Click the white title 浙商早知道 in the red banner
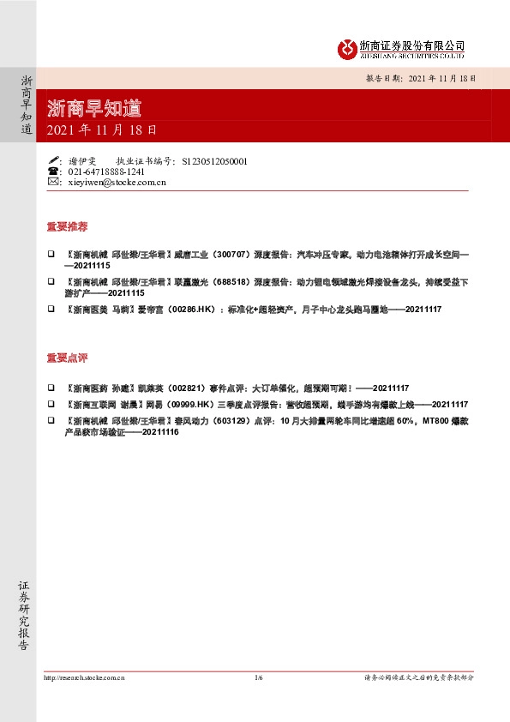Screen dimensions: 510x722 pyautogui.click(x=94, y=108)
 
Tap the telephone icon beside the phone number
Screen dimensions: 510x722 pyautogui.click(x=53, y=171)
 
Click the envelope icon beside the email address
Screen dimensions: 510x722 pyautogui.click(x=53, y=182)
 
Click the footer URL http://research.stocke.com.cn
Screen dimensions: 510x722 pyautogui.click(x=84, y=677)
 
